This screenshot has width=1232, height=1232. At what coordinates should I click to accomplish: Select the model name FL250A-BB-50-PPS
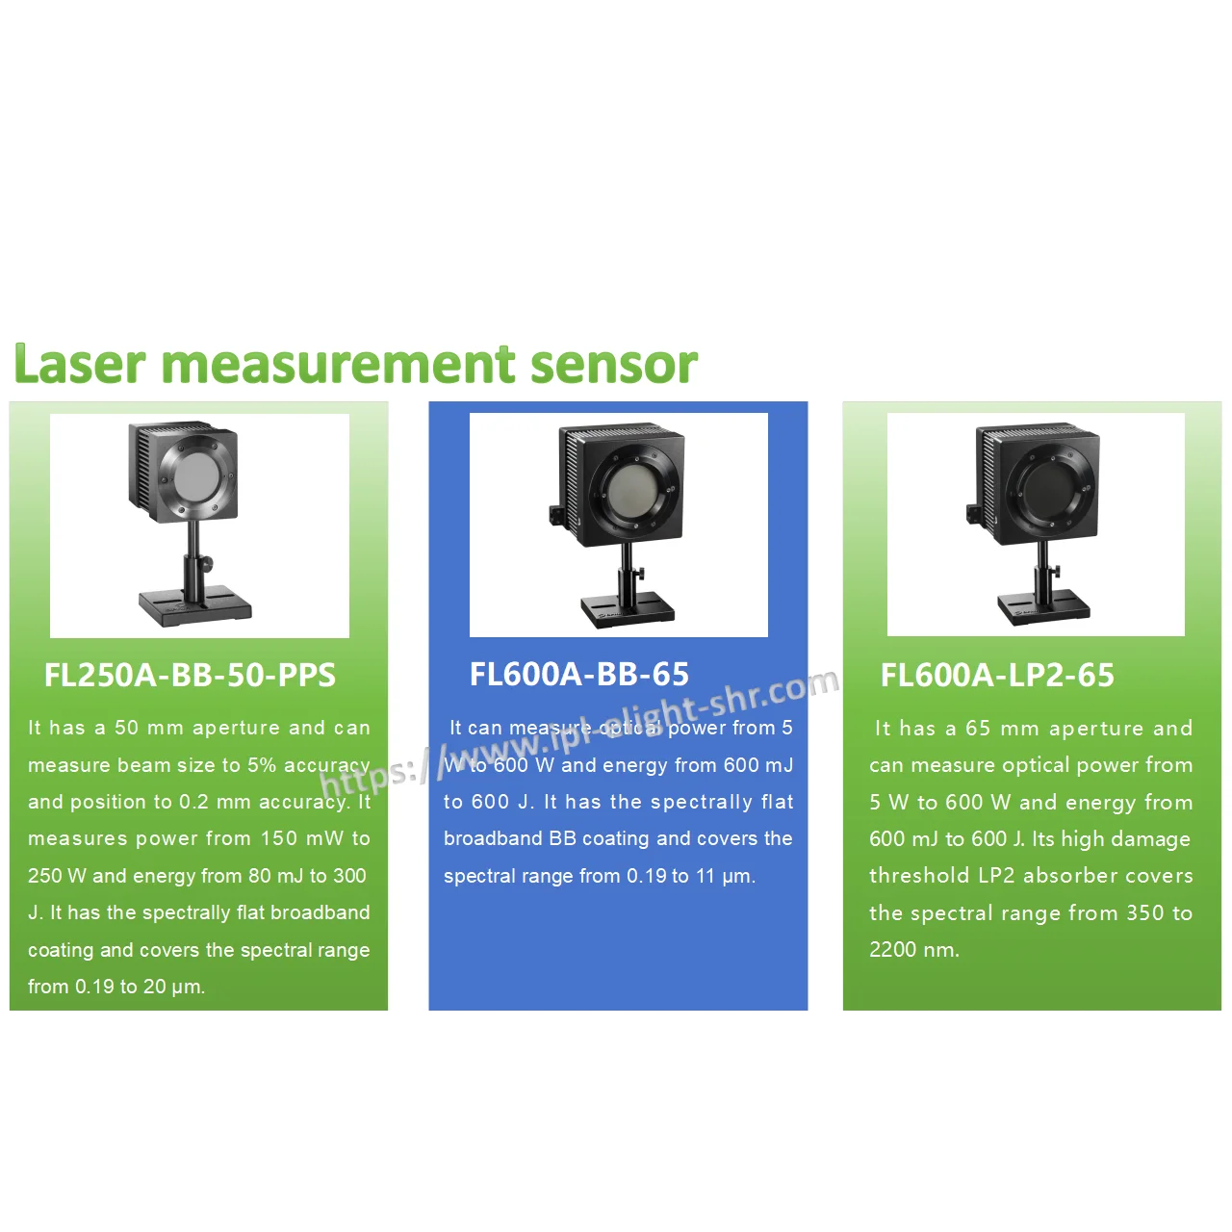coord(190,675)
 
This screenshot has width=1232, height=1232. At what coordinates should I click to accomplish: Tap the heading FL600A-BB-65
coord(579,674)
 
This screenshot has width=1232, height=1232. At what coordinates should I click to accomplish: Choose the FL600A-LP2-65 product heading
coord(997,675)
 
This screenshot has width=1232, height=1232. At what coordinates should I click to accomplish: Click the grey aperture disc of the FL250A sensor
coord(197,477)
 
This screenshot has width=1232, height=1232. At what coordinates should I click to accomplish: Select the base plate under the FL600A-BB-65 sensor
coord(628,609)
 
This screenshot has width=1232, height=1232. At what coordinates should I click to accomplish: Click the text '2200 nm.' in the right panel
coord(914,949)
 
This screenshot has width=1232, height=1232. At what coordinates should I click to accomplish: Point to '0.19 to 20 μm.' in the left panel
coord(140,987)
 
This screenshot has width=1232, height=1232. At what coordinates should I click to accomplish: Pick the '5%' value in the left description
coord(262,764)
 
